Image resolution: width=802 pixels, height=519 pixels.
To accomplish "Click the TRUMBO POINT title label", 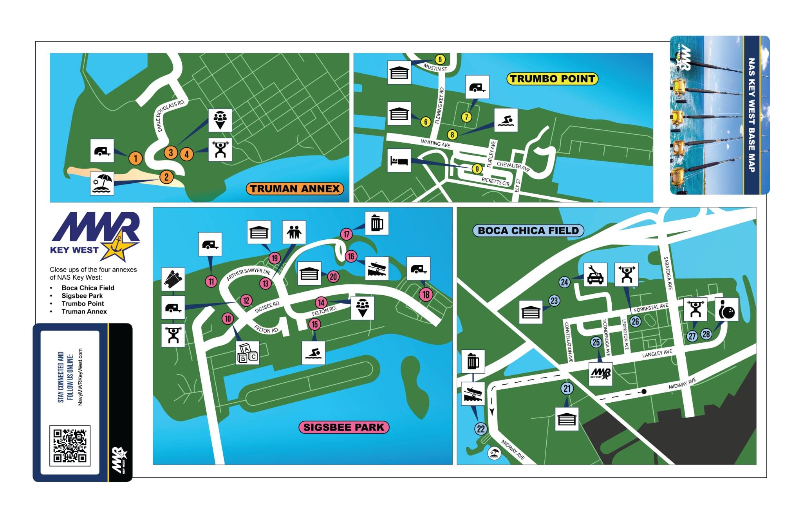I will click(552, 79).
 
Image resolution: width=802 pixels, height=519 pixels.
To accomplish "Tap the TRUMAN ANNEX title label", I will click(294, 189).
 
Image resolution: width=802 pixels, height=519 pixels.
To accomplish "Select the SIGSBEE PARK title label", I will click(344, 427).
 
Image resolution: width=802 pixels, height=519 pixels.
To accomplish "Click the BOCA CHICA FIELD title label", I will click(528, 230).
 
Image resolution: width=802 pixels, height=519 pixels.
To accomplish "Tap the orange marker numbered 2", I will click(166, 177).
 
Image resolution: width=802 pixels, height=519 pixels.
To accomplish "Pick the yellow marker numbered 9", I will click(477, 169).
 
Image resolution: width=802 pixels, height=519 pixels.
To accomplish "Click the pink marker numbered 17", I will click(347, 234).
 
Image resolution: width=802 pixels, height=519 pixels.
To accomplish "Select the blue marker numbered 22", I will click(481, 429).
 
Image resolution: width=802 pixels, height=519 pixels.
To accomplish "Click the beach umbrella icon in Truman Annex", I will click(102, 183).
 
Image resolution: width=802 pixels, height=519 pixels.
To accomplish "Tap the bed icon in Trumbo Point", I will click(399, 160).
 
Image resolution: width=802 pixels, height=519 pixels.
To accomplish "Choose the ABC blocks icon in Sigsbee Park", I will click(247, 353).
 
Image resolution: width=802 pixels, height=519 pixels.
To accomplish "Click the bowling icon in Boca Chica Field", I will click(727, 309).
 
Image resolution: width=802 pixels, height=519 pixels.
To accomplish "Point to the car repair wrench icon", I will click(595, 275).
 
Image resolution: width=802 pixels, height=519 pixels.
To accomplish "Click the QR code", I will click(70, 445).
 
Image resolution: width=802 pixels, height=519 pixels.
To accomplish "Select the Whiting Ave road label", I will click(435, 144).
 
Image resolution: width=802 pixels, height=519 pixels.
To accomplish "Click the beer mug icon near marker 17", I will click(377, 223).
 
